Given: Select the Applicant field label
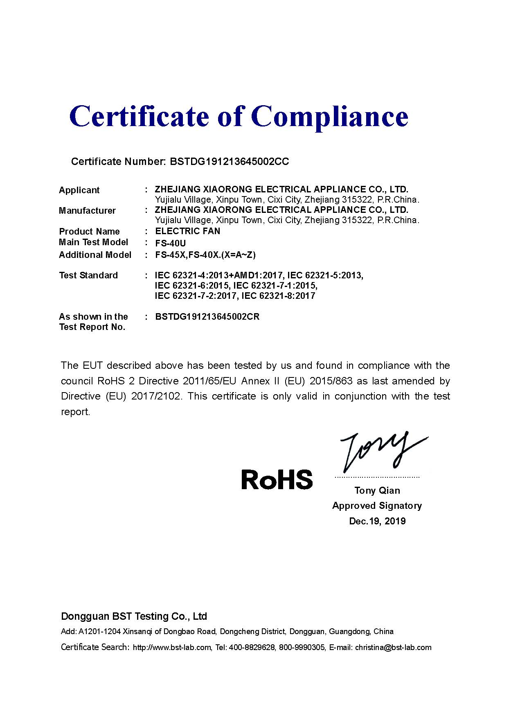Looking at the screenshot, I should (79, 190).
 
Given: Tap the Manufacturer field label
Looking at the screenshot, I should (87, 211).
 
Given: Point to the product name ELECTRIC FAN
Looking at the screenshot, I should (188, 231).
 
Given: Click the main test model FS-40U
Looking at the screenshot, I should (171, 243).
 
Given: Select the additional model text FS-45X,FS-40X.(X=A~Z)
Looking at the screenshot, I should (205, 255).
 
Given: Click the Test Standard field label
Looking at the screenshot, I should (88, 275).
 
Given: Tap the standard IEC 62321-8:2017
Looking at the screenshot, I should (279, 296).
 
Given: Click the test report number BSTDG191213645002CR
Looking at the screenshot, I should (207, 317).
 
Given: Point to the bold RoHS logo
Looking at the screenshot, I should (277, 479).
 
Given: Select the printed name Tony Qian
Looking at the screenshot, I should (377, 490).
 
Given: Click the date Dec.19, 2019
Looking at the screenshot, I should (377, 521).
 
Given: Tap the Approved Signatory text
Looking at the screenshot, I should (377, 506).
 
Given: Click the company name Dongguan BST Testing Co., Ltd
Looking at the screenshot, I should (134, 616).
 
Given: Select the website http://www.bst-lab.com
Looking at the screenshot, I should (172, 648).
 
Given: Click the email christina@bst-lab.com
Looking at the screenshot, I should (393, 648).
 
